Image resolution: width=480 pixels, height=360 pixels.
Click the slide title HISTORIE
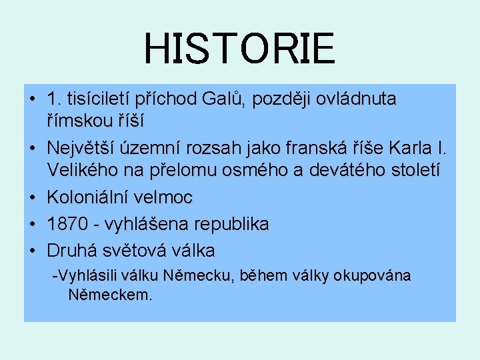pyautogui.click(x=239, y=48)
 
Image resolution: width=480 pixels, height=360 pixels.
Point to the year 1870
pyautogui.click(x=66, y=224)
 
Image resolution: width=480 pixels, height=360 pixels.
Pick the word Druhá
pyautogui.click(x=70, y=251)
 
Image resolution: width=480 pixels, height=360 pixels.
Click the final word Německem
pyautogui.click(x=109, y=295)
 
